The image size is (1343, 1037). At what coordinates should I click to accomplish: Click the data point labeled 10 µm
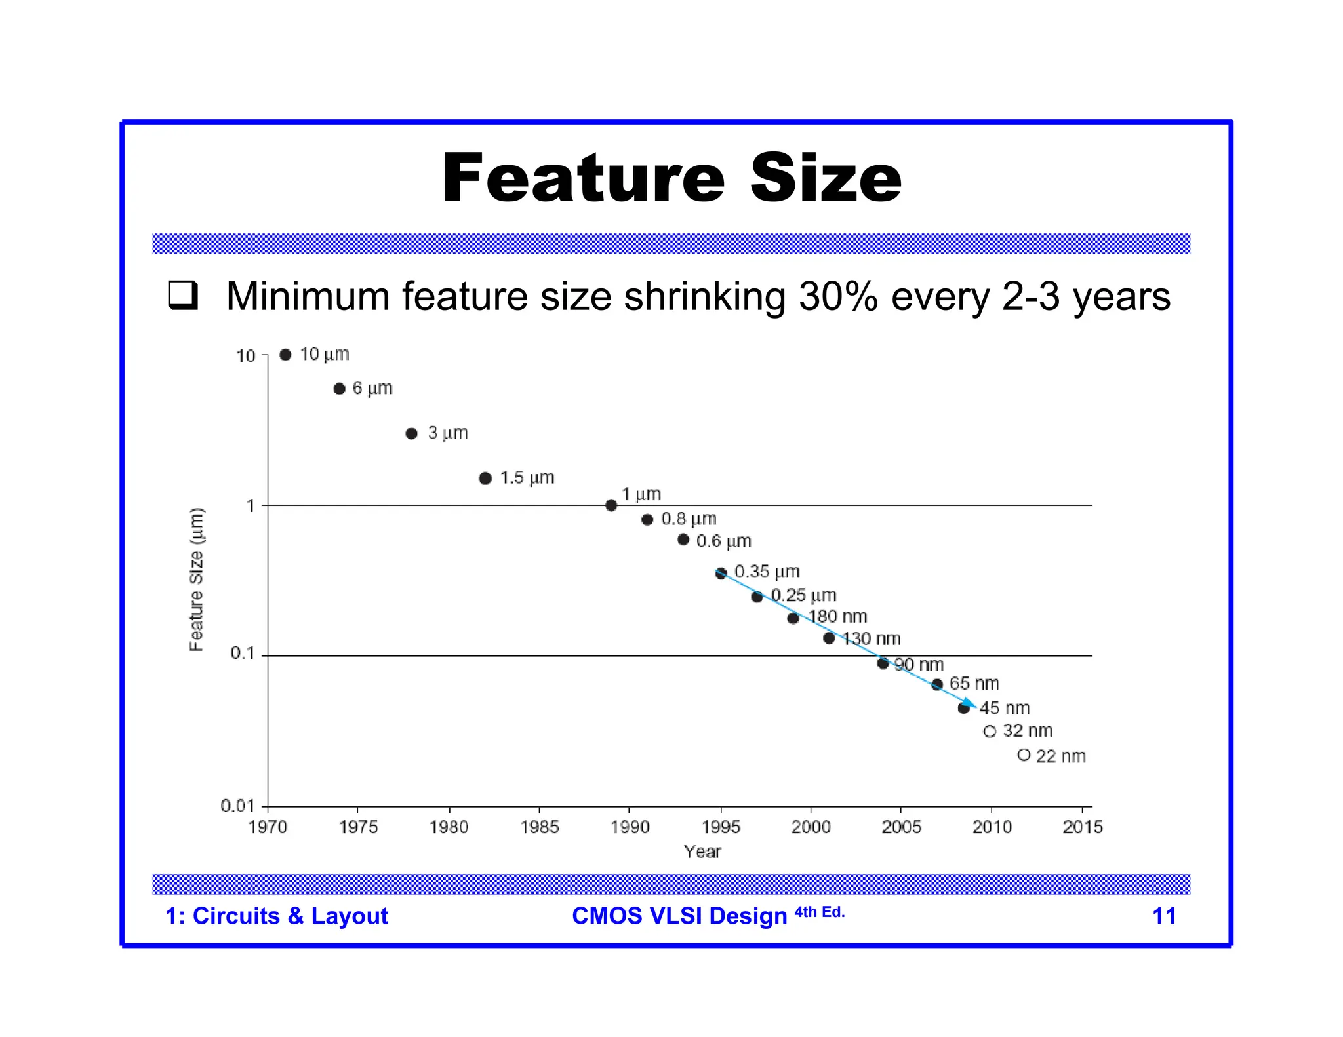pos(285,355)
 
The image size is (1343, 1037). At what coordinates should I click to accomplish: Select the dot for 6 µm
pos(339,389)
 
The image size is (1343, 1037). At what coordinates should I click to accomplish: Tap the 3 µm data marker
pos(411,433)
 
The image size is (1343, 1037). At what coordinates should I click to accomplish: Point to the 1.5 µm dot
pos(485,478)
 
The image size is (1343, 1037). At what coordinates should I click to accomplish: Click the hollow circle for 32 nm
pos(990,732)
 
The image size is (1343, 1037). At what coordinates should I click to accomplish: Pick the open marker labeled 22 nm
pos(1024,755)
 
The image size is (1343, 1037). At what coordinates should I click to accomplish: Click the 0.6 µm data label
pos(723,541)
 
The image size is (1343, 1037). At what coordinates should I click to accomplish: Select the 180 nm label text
pos(837,617)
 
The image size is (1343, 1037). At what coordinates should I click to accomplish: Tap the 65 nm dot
pos(937,684)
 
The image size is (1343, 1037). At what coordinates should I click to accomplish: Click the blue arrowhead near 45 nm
pos(969,704)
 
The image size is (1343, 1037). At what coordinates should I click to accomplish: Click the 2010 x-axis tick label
pos(992,827)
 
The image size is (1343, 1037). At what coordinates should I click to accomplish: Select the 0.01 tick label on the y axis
pos(237,806)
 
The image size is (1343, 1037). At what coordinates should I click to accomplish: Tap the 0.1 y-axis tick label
pos(242,654)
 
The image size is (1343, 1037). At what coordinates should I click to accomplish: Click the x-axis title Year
pos(702,851)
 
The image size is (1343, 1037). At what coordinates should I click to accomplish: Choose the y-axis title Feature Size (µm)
pos(196,579)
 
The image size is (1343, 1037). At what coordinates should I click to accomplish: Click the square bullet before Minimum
pos(182,296)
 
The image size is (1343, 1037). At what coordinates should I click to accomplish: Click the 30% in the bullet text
pos(838,296)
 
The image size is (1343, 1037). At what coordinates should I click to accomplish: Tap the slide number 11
pos(1164,916)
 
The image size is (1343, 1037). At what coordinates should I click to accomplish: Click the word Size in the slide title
pos(826,178)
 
